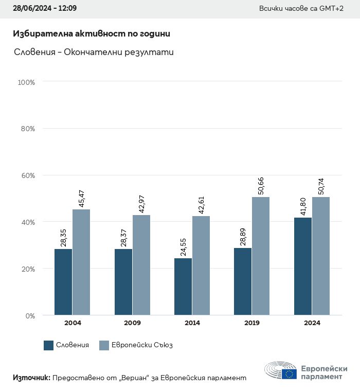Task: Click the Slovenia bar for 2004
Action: coord(63,282)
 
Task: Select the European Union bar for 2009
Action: coord(141,265)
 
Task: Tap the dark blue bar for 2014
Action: coord(183,287)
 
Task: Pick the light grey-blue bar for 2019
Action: coord(261,256)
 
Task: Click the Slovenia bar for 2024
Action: coord(303,266)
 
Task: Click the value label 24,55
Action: coord(183,247)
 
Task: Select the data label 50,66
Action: coord(261,186)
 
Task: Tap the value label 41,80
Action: coord(303,206)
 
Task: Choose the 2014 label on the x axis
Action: coord(192,323)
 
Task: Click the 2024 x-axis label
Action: coord(312,323)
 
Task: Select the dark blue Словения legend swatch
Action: coord(49,345)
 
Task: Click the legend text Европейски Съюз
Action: coord(142,345)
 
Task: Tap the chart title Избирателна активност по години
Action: coord(91,33)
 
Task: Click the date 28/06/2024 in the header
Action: coord(31,9)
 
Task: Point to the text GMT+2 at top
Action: coord(331,9)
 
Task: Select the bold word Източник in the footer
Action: coord(31,378)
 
